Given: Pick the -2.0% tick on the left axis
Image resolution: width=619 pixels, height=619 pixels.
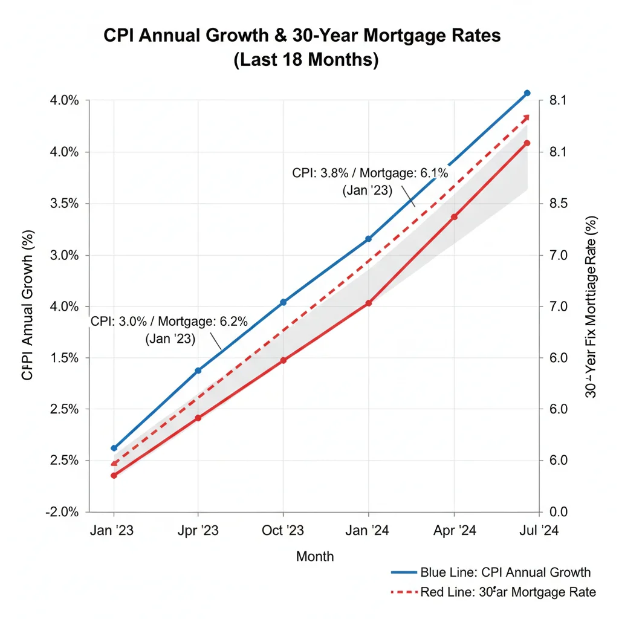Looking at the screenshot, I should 62,511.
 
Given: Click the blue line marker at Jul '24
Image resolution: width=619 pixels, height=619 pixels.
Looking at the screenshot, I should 527,93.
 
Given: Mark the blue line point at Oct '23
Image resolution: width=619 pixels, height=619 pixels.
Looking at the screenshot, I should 283,302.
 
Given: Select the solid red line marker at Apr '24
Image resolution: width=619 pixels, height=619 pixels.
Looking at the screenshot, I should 454,217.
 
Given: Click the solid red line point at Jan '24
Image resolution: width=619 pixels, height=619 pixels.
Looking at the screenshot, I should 369,303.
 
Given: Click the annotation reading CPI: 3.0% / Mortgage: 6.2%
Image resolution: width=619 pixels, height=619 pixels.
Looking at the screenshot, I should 169,329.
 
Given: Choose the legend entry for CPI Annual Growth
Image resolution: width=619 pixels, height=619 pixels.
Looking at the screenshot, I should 491,572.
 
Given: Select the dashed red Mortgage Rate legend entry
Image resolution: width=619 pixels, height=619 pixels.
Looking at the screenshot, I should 493,592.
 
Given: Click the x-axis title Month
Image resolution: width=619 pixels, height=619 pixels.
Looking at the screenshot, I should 314,556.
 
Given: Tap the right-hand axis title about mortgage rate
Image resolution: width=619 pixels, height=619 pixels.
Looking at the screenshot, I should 592,306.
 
